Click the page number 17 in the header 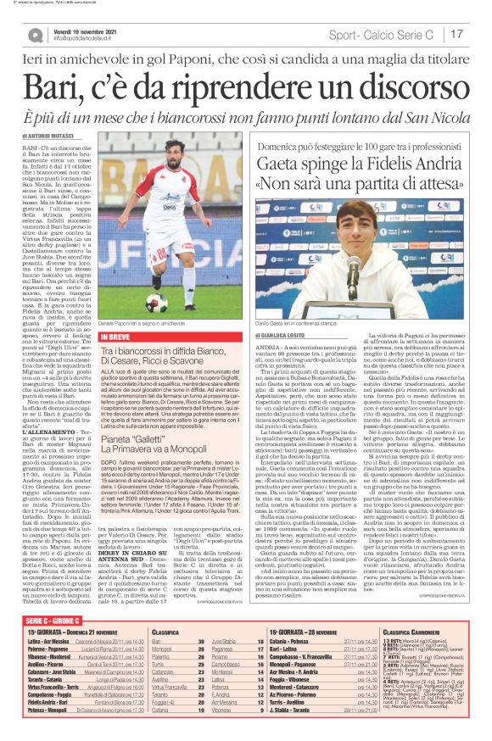(456, 35)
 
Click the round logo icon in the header (35, 35)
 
